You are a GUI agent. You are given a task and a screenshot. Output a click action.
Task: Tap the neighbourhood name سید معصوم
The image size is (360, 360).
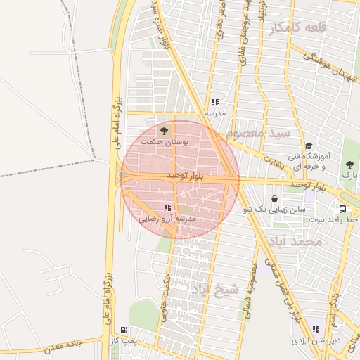pyautogui.click(x=259, y=133)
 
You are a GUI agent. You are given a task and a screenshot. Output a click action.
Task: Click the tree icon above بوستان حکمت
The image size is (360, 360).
pyautogui.click(x=165, y=130)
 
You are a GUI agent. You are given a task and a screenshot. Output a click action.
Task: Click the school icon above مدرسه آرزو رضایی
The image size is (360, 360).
pyautogui.click(x=167, y=207)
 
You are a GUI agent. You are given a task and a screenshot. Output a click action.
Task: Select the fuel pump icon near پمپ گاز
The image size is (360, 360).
pyautogui.click(x=124, y=329)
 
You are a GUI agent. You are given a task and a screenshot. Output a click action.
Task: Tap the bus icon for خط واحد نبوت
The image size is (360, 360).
pyautogui.click(x=342, y=209)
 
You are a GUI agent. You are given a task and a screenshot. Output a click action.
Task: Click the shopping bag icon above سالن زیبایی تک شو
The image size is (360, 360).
pyautogui.click(x=274, y=198)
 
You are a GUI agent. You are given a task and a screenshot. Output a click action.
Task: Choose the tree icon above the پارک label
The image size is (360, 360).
pyautogui.click(x=349, y=165)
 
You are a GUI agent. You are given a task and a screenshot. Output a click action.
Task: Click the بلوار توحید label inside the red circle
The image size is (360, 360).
pyautogui.click(x=185, y=174)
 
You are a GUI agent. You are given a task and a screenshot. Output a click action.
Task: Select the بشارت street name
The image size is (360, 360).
pyautogui.click(x=271, y=162)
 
